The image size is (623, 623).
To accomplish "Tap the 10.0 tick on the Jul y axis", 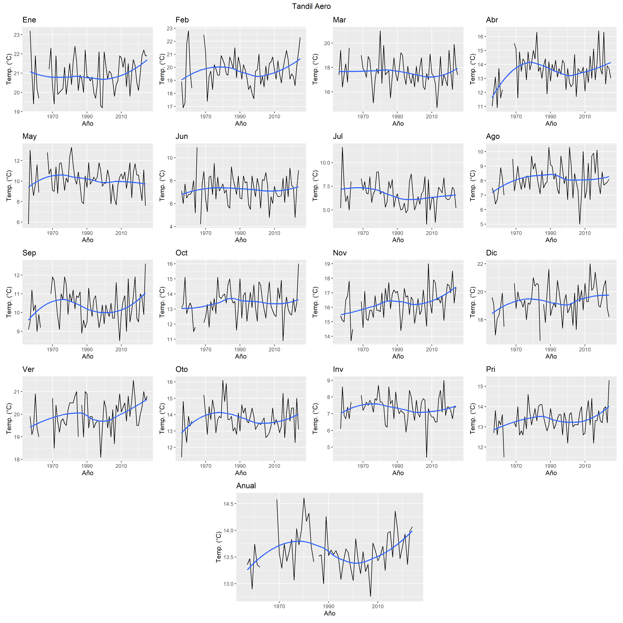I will (x=325, y=163).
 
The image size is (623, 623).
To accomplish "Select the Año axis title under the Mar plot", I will (x=398, y=123).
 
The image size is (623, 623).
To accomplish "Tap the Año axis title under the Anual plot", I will (x=329, y=613).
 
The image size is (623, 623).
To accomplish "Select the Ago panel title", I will (x=493, y=136).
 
